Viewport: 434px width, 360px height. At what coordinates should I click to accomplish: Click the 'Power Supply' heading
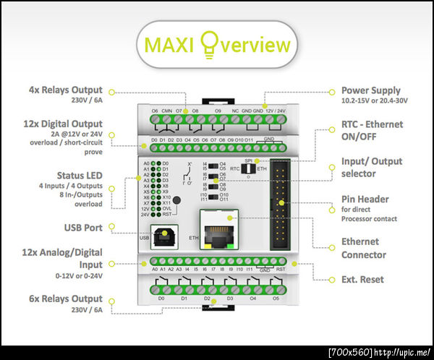[370, 91]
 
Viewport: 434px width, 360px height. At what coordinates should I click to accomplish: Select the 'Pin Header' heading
[365, 199]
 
